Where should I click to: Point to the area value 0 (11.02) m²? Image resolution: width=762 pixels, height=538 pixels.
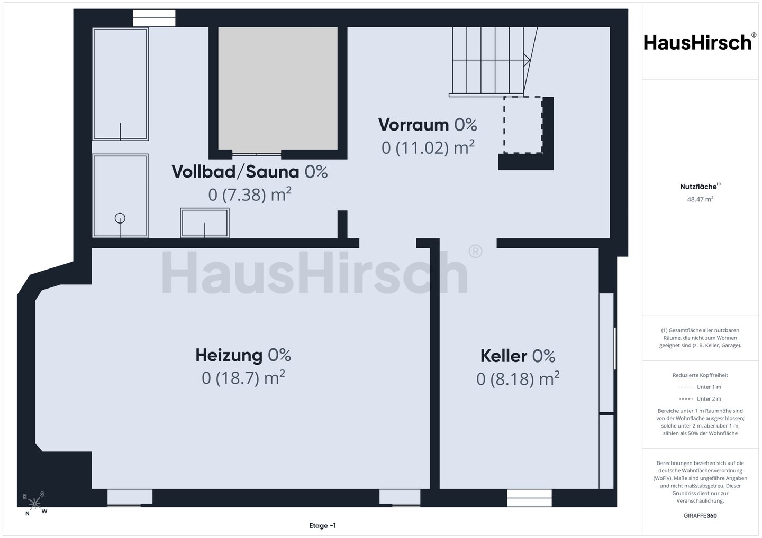tap(428, 147)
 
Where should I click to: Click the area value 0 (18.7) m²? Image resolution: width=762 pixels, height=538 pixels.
tap(243, 378)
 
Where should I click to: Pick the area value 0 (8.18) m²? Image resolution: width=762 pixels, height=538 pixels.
tap(518, 379)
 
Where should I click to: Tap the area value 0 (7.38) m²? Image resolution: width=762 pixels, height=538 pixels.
tap(250, 194)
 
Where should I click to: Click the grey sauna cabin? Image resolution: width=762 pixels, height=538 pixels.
tap(278, 88)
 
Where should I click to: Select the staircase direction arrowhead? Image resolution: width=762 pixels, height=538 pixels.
tap(527, 60)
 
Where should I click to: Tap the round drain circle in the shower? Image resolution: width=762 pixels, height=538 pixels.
tap(120, 218)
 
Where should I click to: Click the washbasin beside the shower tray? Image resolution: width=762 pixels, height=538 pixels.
tap(204, 223)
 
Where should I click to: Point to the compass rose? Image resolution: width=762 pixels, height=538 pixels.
tap(35, 504)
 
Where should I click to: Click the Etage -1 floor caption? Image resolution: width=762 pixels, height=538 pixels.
tap(322, 525)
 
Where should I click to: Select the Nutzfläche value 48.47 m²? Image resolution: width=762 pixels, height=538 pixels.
tap(700, 199)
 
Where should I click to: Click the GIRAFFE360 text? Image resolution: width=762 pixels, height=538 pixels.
tap(700, 516)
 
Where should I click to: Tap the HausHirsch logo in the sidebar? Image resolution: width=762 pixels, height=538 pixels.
tap(700, 42)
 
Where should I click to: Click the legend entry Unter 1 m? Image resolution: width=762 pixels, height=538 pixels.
tap(700, 387)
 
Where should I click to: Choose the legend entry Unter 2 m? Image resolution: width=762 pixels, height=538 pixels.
tap(700, 399)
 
